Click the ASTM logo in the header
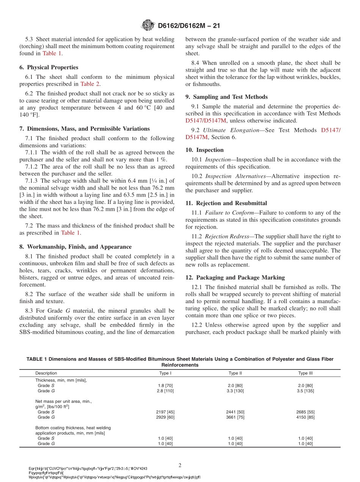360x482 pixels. pos(148,25)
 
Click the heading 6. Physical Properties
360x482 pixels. pos(49,67)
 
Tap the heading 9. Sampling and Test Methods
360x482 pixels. pos(226,97)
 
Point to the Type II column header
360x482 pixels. pos(235,373)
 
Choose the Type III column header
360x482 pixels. pos(305,373)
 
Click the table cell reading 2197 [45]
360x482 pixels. pos(165,412)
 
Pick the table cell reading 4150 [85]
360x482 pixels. pos(305,417)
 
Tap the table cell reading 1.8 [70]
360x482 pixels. pos(165,385)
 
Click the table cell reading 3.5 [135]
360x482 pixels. pos(305,391)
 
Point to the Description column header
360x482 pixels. pos(46,373)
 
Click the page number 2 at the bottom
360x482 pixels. pos(180,465)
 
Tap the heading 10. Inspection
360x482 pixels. pos(205,150)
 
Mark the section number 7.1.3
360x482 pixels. pos(32,181)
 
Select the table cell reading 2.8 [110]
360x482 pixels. pos(165,391)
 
